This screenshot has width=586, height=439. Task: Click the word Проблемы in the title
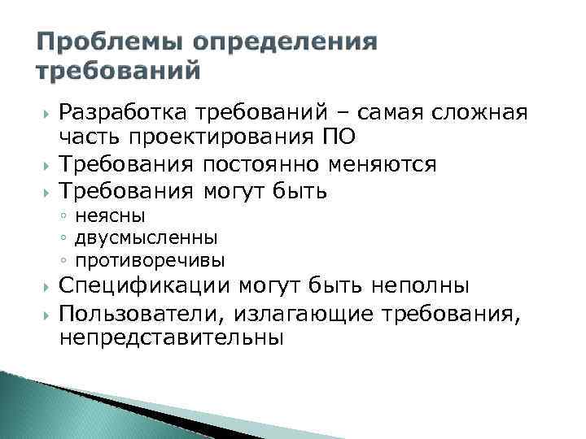105,42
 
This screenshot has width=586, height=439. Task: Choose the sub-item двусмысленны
146,238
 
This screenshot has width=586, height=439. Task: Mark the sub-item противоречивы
150,261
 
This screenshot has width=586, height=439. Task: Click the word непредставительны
172,339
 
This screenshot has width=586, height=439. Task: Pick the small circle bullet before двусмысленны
63,239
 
